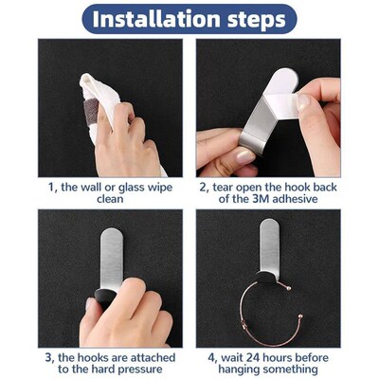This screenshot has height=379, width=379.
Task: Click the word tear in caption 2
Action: coord(224,187)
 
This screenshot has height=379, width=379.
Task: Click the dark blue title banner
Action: coord(189,18)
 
